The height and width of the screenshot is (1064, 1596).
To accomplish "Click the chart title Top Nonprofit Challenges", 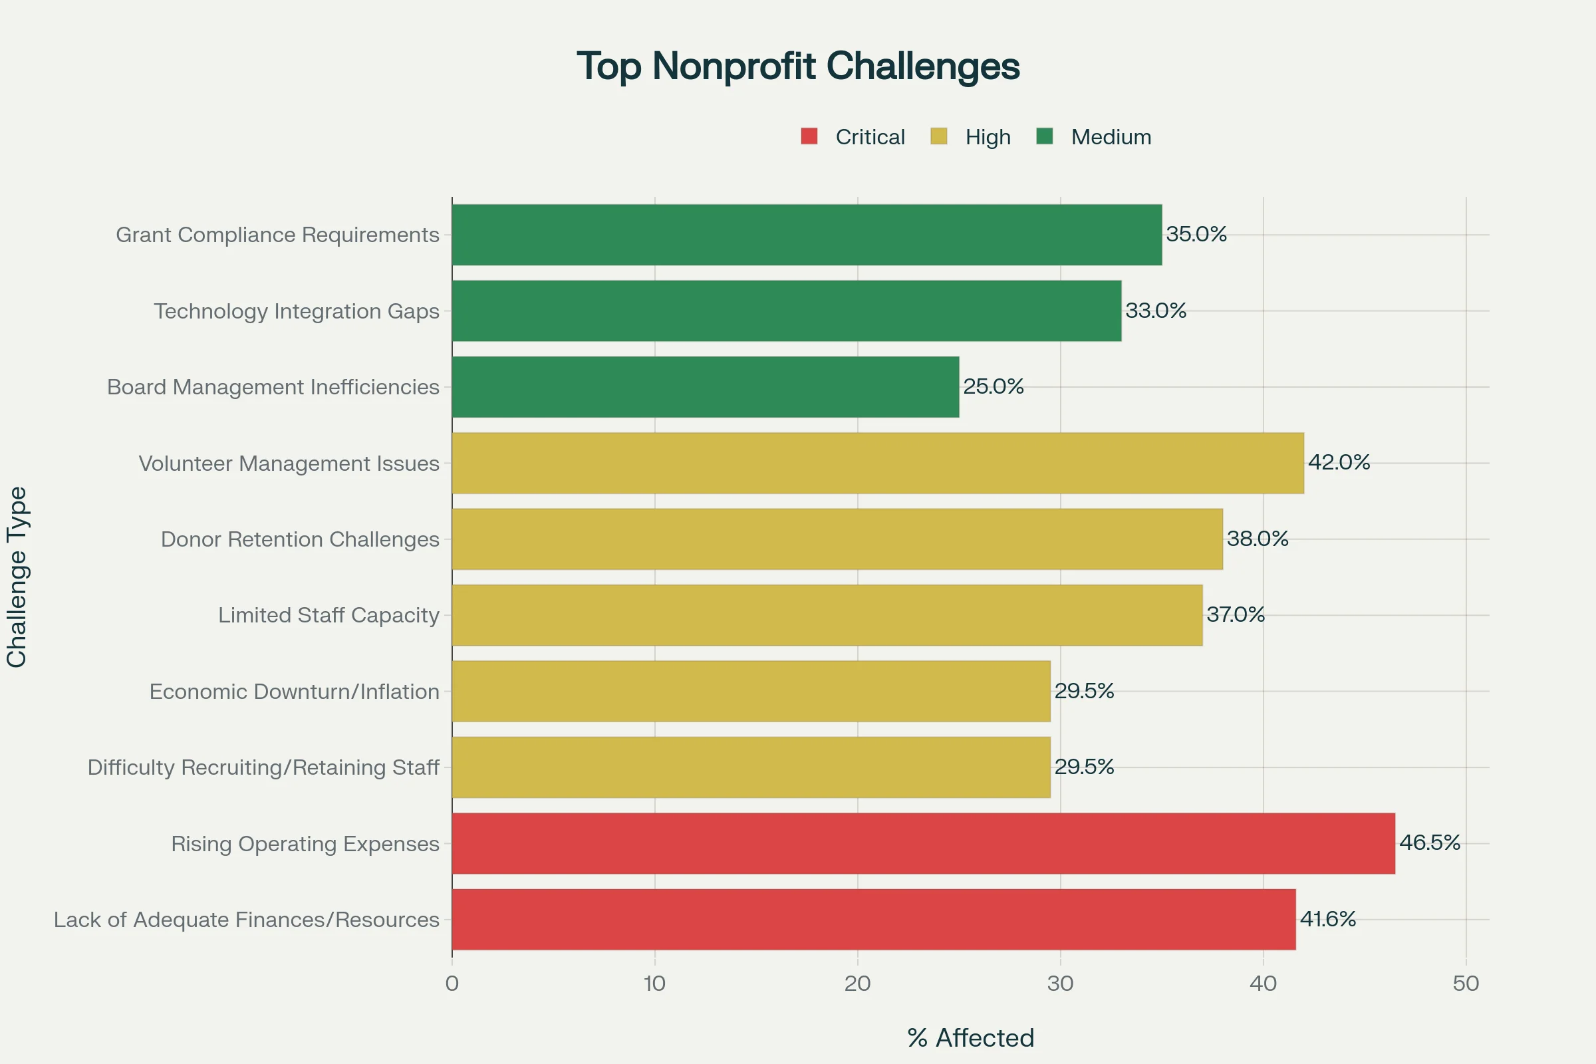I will click(x=798, y=66).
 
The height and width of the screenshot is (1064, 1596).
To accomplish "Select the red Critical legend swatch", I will click(x=809, y=136).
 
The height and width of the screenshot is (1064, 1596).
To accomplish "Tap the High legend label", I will click(x=988, y=137).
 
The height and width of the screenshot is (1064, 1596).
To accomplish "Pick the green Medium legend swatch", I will click(x=1044, y=136).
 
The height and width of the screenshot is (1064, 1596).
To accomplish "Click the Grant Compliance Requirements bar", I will click(x=806, y=235).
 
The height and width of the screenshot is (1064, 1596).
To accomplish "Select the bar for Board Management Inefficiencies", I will click(x=705, y=387).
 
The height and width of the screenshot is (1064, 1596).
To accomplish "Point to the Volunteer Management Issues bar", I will click(x=877, y=463).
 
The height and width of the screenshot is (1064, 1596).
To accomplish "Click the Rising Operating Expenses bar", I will click(x=923, y=843).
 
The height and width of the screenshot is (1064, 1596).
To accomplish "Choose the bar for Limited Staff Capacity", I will click(x=827, y=614).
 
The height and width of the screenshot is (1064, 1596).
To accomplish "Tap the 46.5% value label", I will click(x=1429, y=843).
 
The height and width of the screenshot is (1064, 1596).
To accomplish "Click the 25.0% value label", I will click(x=994, y=387).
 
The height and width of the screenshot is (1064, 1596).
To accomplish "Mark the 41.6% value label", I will click(x=1327, y=919).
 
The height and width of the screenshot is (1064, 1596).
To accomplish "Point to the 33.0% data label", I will click(x=1156, y=311).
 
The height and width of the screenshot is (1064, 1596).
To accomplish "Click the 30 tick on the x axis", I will click(x=1060, y=984).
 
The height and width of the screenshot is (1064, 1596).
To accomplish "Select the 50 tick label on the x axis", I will click(x=1466, y=984).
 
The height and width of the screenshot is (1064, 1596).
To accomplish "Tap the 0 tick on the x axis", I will click(x=452, y=984).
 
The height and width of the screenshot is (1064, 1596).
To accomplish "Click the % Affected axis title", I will click(x=970, y=1038).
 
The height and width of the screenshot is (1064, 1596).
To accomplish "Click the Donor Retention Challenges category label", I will click(x=300, y=539).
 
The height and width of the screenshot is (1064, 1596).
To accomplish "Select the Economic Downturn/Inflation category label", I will click(x=295, y=692).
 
